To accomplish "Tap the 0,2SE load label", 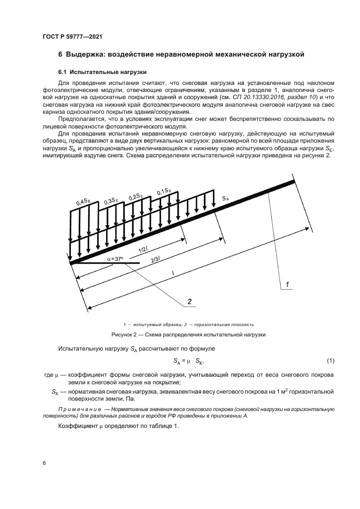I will coord(136,195).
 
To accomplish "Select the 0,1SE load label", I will coord(164,192).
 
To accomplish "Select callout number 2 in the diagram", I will coord(189,301).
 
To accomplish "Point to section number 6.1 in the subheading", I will coord(63,72).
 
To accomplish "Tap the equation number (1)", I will coord(330,361).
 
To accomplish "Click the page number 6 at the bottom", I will coord(44,462).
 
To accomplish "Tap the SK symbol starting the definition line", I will coord(54,391).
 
